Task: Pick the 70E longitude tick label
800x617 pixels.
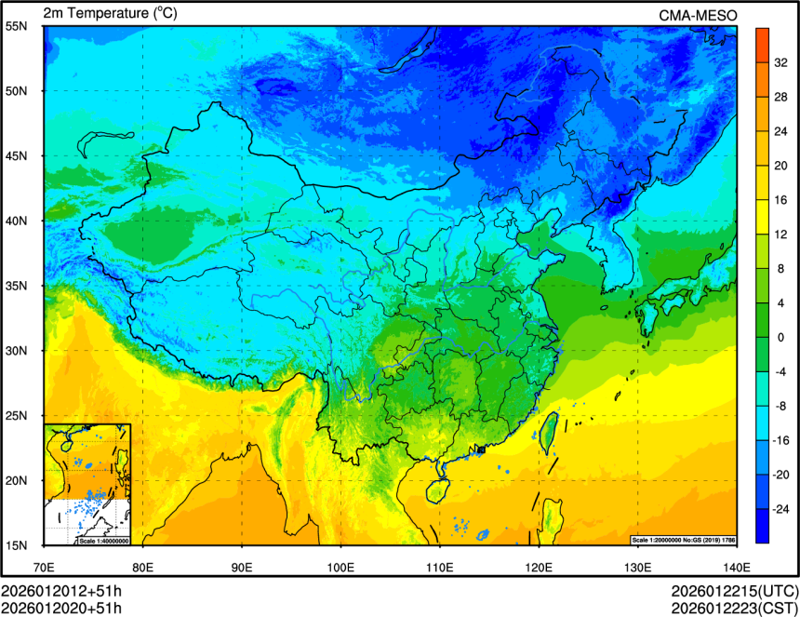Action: coord(44,567)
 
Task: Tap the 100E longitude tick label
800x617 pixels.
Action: coord(340,567)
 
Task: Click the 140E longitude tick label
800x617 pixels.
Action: coord(736,567)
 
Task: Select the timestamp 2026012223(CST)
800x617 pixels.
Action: coord(734,608)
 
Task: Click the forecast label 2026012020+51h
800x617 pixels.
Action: coord(61,608)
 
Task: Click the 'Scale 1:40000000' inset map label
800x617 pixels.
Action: coord(103,541)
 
